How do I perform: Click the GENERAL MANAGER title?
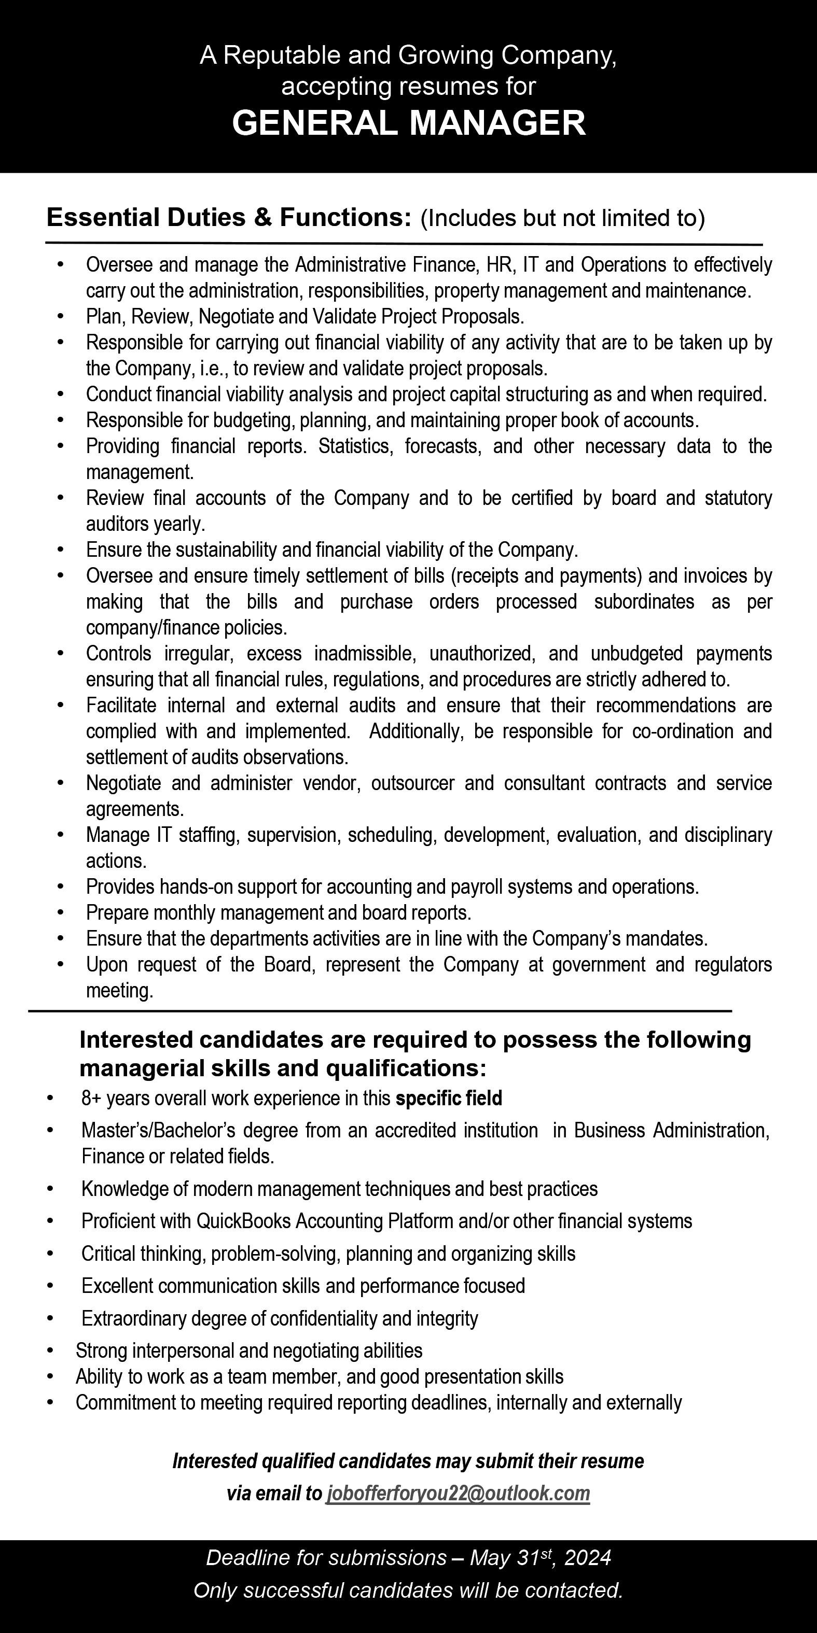[x=409, y=122]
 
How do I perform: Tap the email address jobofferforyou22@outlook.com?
[x=458, y=1493]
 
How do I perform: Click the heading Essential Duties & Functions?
[x=225, y=217]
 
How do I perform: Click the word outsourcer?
[x=412, y=783]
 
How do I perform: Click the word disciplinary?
[x=728, y=834]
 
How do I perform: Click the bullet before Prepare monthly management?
[x=60, y=912]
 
